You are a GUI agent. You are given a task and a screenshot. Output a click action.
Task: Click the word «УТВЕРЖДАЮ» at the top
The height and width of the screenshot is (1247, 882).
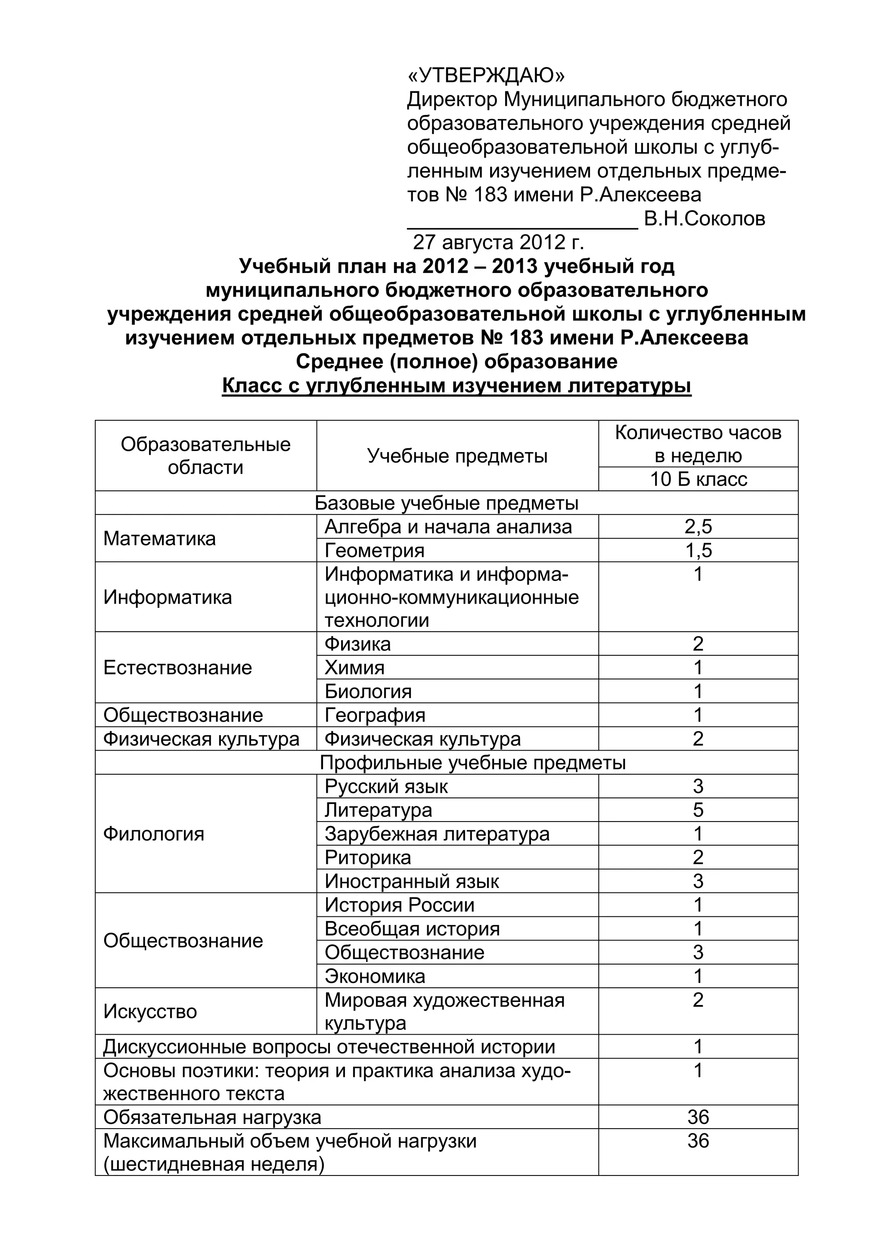[486, 75]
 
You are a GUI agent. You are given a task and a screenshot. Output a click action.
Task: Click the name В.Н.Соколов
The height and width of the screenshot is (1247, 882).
[705, 219]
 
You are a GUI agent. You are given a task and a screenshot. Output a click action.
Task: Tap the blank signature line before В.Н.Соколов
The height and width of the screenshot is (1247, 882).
[522, 223]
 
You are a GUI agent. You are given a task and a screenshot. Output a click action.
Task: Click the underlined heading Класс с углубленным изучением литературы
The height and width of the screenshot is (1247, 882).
[456, 386]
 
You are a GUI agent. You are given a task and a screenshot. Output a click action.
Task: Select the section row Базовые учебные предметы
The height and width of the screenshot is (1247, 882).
[447, 503]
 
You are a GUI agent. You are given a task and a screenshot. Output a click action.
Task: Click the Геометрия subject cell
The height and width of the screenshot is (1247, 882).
[375, 551]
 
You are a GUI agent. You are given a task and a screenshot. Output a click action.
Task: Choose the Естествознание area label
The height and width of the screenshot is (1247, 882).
[177, 667]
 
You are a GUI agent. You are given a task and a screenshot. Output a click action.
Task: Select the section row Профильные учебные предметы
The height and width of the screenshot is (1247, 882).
[472, 763]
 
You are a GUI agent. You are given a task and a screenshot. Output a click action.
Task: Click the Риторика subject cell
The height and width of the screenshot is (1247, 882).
[368, 858]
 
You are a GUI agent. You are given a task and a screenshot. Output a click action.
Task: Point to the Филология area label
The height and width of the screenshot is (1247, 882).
[154, 834]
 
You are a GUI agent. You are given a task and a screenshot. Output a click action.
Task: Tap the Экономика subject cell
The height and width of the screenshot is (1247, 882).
[375, 977]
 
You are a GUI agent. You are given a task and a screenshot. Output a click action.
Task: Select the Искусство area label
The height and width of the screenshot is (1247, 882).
[150, 1012]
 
